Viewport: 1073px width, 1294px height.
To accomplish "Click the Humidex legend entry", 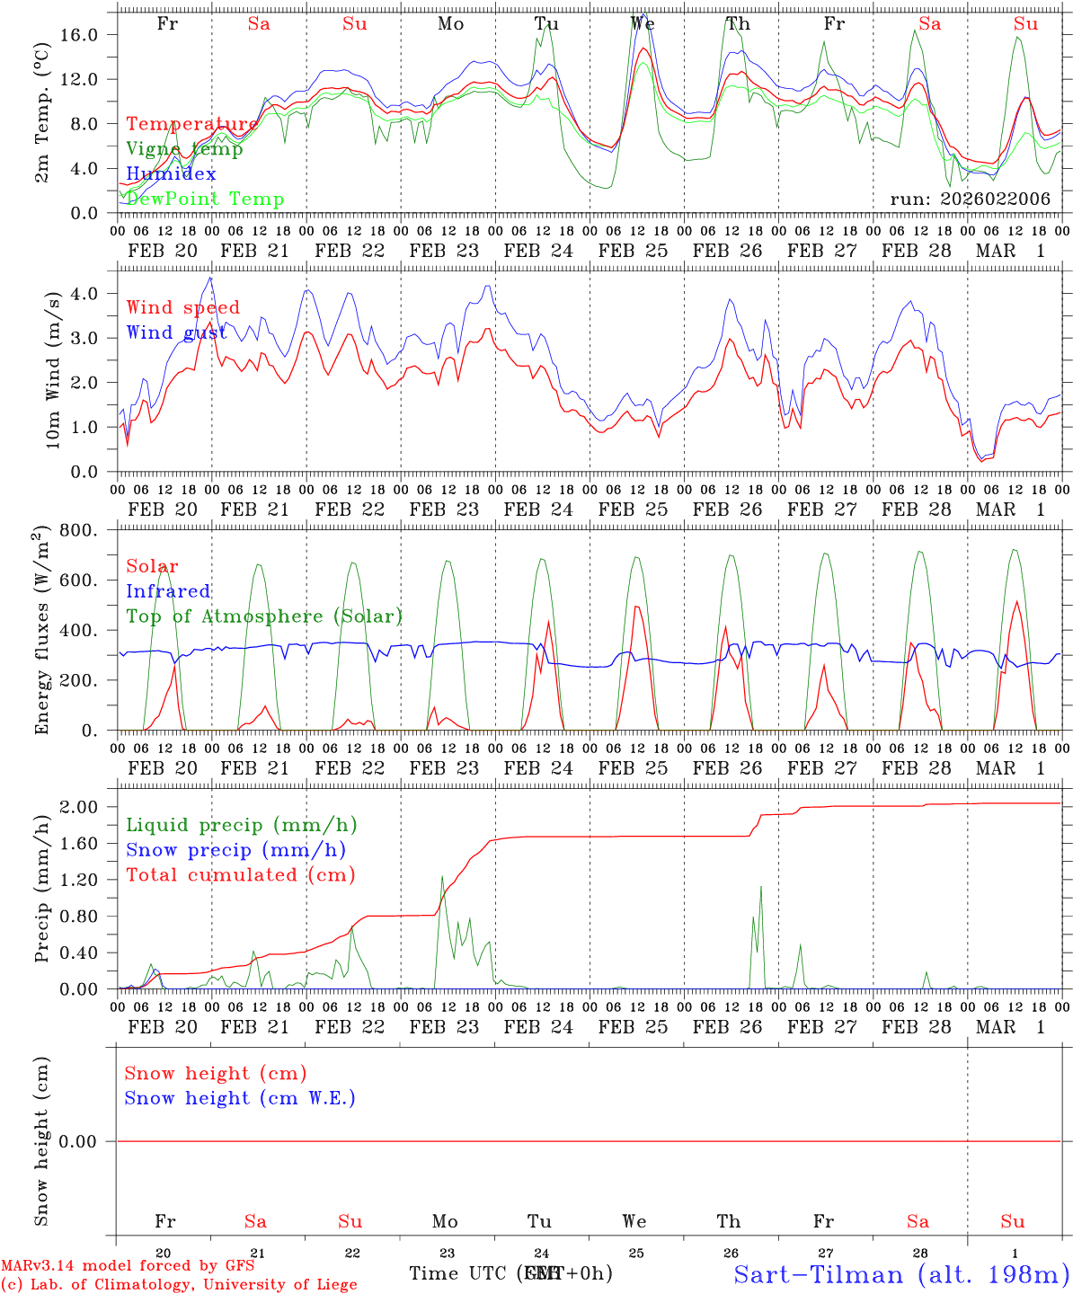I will click(171, 174).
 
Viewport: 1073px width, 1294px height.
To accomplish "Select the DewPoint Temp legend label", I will click(205, 199).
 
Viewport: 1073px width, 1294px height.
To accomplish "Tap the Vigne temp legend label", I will click(184, 149).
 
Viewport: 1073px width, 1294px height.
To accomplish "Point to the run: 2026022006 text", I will click(970, 199).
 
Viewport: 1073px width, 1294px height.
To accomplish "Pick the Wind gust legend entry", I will click(176, 332).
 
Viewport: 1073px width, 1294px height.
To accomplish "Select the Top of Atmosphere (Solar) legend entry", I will click(263, 616).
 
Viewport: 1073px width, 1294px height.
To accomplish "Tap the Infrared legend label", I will click(168, 591).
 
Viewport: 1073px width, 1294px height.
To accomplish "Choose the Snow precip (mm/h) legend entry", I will click(235, 850).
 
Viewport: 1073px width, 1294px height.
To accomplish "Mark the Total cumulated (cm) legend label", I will click(240, 875).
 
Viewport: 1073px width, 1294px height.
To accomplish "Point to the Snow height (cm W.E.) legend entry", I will click(239, 1098).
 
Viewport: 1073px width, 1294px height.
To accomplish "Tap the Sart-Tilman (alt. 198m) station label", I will click(900, 1274).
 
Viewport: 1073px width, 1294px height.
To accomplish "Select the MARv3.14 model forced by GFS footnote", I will click(127, 1266).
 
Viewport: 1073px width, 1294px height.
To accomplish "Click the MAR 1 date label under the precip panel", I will click(1011, 1027).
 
